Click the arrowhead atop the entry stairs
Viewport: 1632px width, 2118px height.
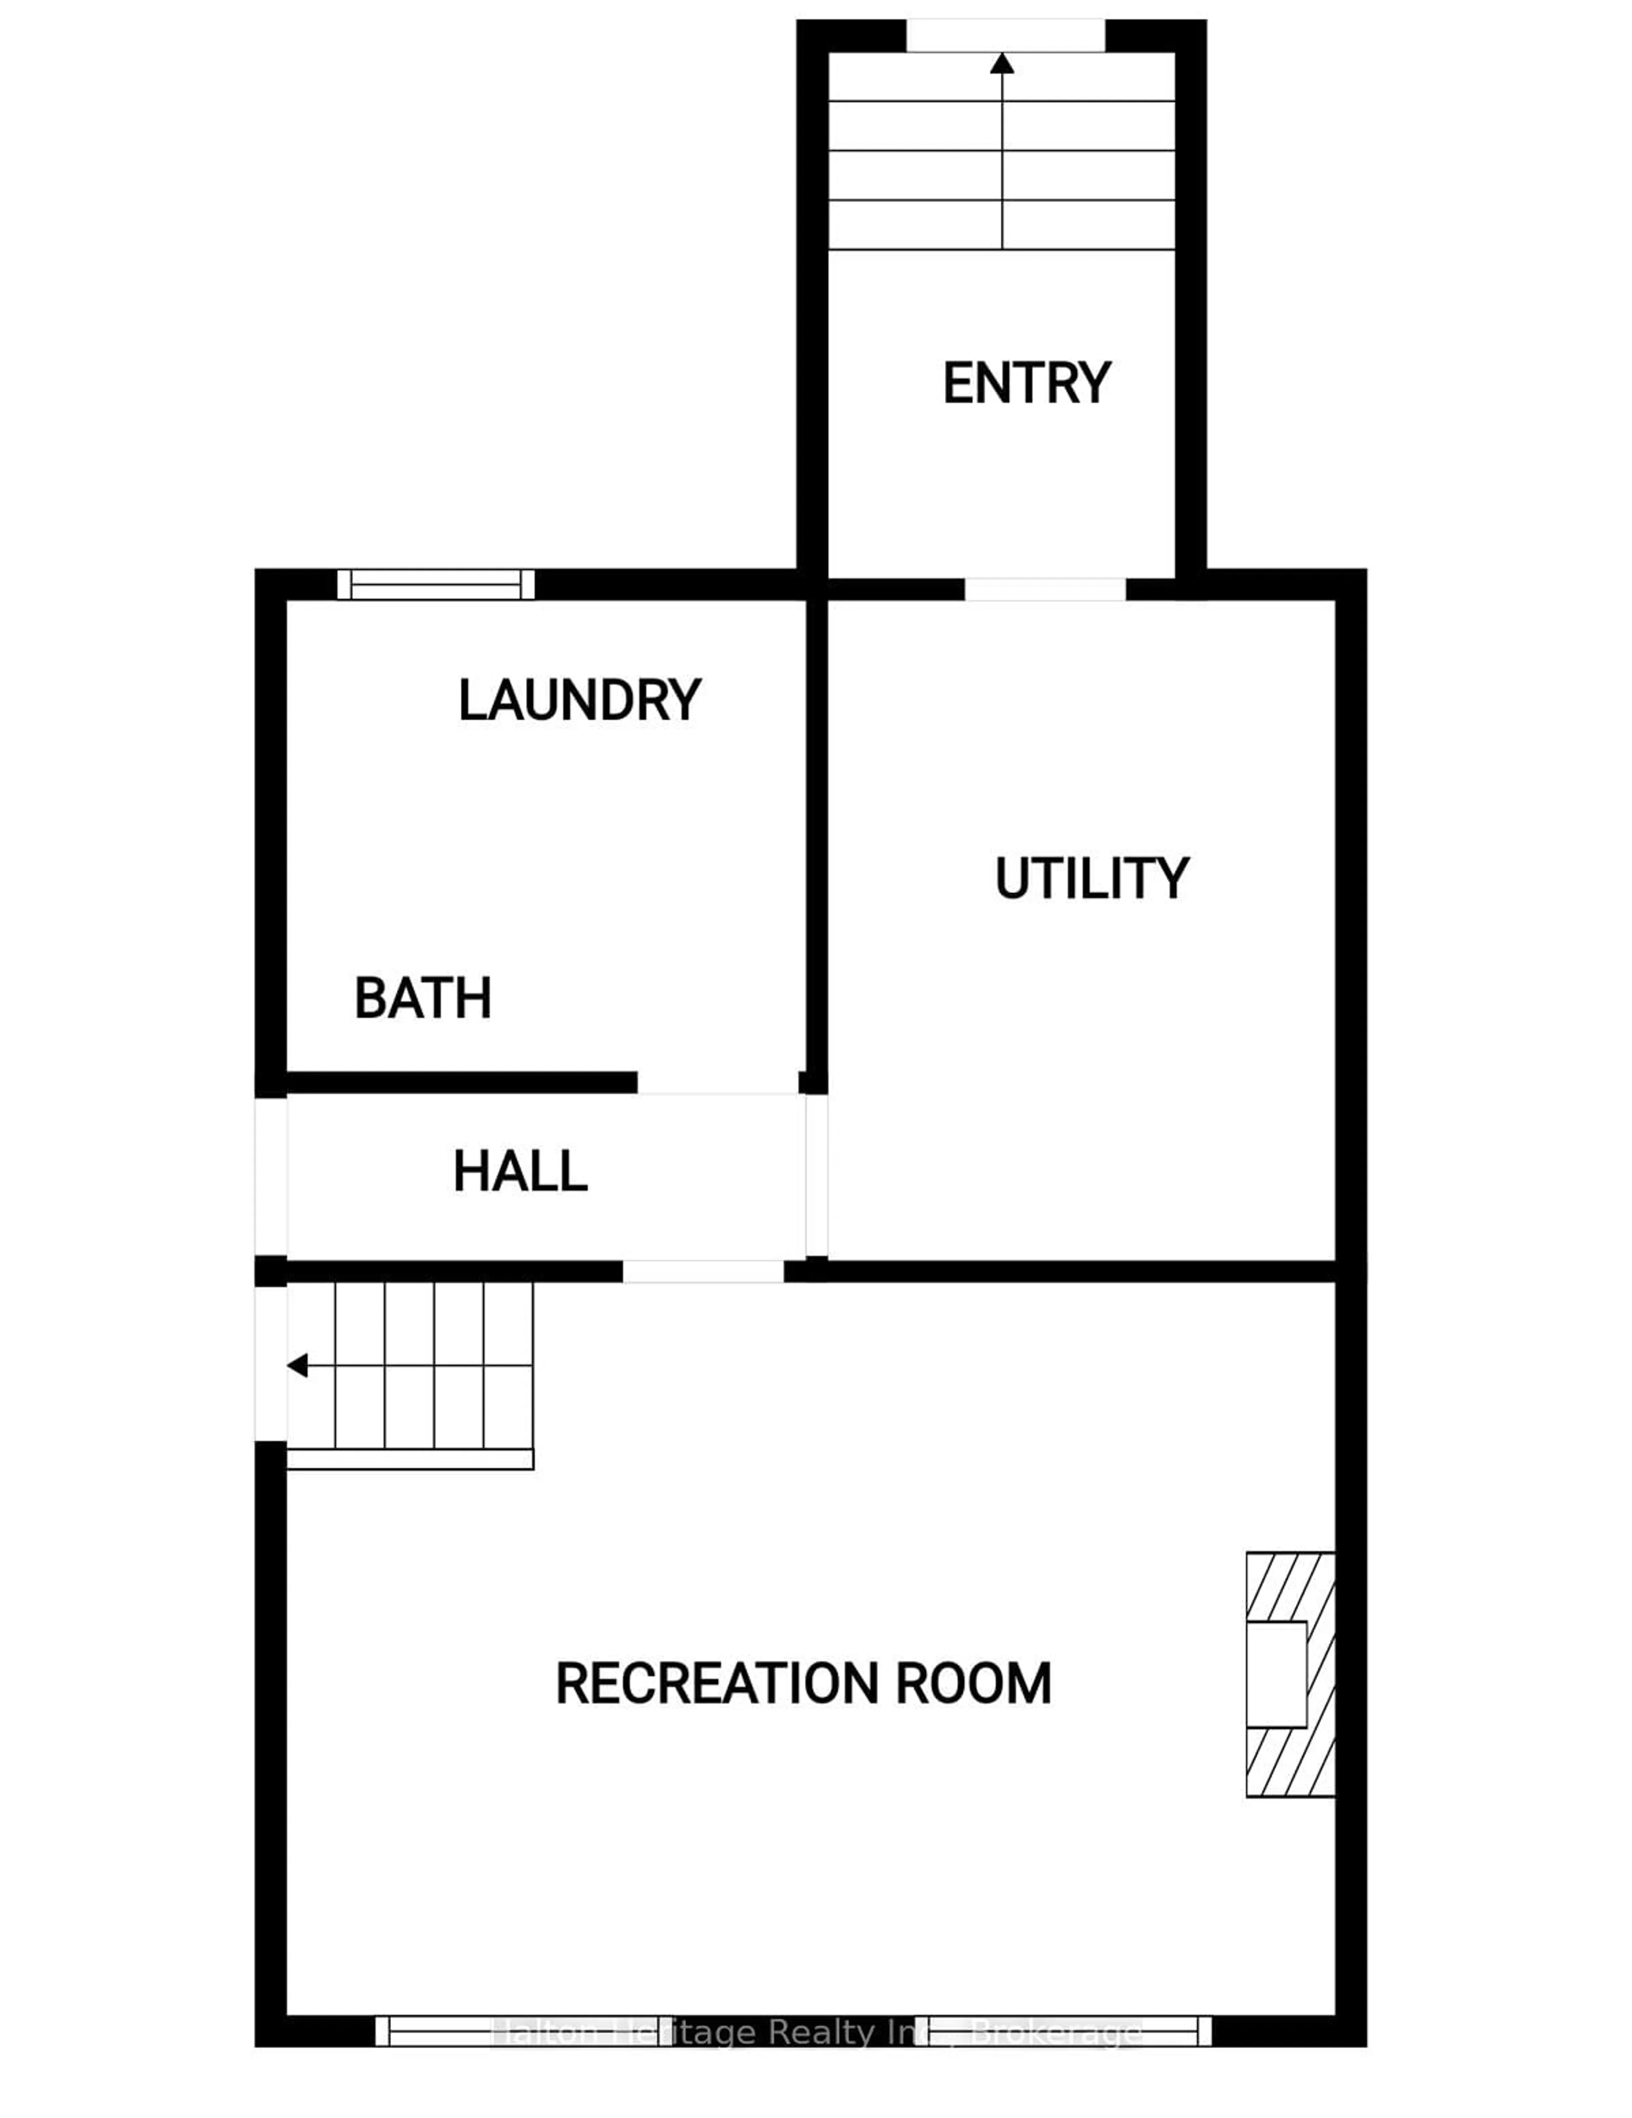coord(1002,64)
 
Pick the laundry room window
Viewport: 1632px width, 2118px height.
coord(435,585)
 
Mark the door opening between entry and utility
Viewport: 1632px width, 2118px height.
coord(1044,589)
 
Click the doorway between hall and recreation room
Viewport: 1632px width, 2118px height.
coord(702,1272)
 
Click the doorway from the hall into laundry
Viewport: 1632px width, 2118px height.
coord(717,1083)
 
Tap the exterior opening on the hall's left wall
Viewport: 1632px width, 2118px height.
coord(271,1176)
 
